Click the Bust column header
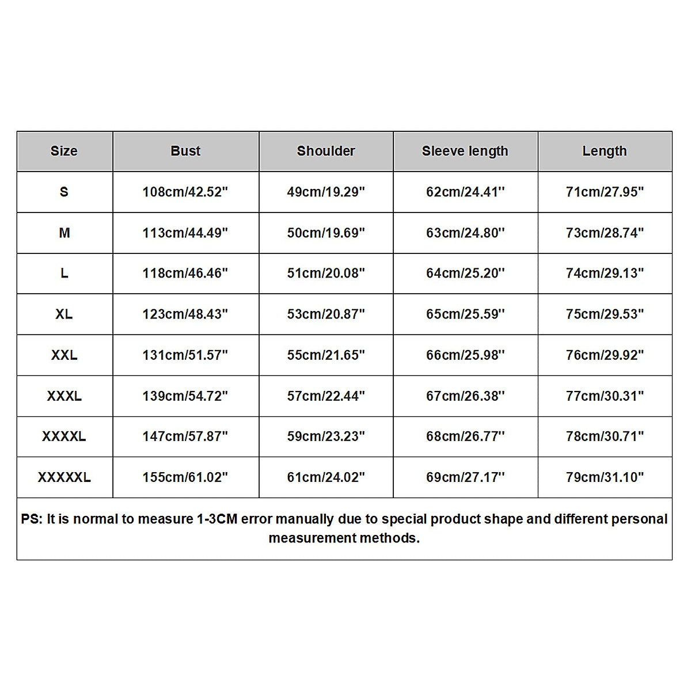(185, 151)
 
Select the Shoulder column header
(326, 151)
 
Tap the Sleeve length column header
(465, 151)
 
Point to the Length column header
(604, 151)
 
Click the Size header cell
(64, 151)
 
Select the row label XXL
(64, 355)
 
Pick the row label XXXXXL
(64, 477)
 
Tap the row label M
(64, 233)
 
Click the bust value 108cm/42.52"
(185, 192)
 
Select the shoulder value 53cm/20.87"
(326, 314)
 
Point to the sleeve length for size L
(465, 274)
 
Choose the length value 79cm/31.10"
(605, 477)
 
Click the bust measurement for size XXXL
(185, 396)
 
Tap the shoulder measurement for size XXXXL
(326, 436)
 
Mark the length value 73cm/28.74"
(605, 233)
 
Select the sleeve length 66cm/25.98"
(465, 355)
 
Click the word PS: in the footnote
(32, 519)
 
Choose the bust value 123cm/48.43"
(185, 314)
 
